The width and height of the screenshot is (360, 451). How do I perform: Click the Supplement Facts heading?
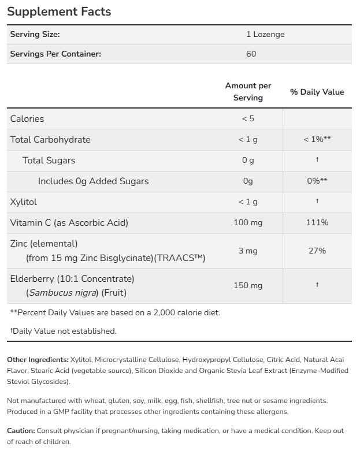click(59, 12)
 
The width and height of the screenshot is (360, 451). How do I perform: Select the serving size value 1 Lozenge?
click(265, 34)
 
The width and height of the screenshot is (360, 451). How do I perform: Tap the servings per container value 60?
click(251, 54)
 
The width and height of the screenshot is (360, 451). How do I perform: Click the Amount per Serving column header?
click(248, 92)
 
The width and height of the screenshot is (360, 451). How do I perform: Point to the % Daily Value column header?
click(317, 92)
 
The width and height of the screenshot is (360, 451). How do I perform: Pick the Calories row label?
click(27, 118)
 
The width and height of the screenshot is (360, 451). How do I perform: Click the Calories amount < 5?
click(248, 118)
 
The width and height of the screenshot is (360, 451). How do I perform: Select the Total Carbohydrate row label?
click(50, 139)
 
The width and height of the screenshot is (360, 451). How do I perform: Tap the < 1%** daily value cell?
click(317, 139)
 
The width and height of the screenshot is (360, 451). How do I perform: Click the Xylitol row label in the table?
click(23, 202)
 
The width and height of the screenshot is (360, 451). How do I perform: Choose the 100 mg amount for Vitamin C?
click(248, 222)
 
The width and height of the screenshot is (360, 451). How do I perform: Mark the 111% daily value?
click(317, 222)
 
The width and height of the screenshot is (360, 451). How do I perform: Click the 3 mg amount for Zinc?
click(248, 251)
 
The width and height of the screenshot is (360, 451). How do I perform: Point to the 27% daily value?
click(317, 251)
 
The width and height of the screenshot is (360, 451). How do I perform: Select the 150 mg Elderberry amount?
click(248, 285)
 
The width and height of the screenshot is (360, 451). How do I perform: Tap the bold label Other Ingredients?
click(38, 359)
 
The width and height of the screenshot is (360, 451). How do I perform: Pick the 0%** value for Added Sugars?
click(317, 181)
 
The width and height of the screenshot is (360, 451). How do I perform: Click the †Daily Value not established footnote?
click(63, 331)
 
